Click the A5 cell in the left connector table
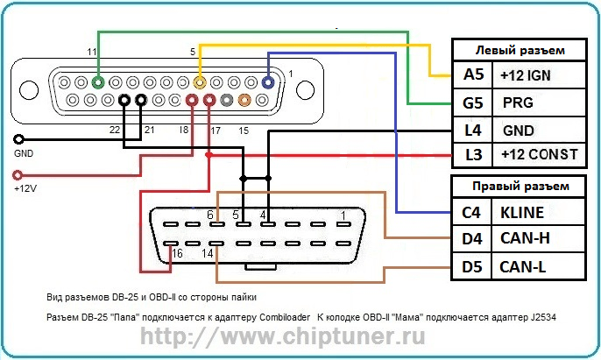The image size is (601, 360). [x=473, y=74]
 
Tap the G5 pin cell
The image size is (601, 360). [x=473, y=102]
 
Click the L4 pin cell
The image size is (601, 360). [x=473, y=129]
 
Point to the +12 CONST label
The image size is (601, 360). [x=538, y=155]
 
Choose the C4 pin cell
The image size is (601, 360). [x=473, y=212]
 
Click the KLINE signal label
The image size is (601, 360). [x=522, y=212]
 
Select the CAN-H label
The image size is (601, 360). [x=524, y=238]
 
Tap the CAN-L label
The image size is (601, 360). [x=523, y=265]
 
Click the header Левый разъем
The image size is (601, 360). [x=519, y=50]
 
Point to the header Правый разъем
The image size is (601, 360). [x=519, y=186]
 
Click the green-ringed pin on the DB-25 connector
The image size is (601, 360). [x=98, y=82]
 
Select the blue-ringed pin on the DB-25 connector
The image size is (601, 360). [x=267, y=82]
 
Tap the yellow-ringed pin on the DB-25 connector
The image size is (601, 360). [x=201, y=82]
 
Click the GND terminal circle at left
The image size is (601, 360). [x=19, y=139]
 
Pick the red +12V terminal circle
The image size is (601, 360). [x=19, y=174]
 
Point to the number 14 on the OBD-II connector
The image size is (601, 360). [x=209, y=253]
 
